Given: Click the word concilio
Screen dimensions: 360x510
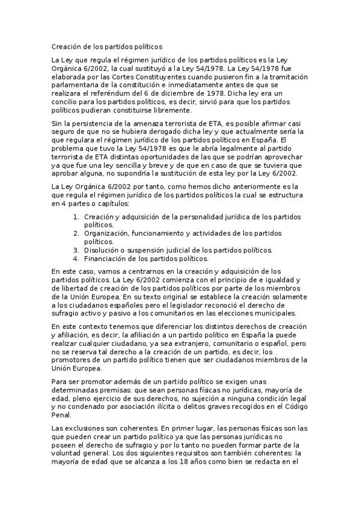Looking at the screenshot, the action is tap(66, 102).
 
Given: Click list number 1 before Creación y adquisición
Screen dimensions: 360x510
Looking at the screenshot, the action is tap(75, 217).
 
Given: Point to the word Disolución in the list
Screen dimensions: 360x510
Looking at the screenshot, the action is tap(102, 250).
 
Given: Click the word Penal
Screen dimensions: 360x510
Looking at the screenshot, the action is tap(61, 415).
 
